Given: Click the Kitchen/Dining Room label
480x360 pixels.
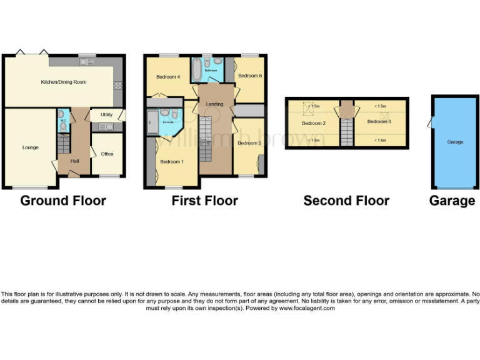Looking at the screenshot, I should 63,82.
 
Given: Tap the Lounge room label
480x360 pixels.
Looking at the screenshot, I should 31,147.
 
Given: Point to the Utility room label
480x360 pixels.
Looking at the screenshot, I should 106,115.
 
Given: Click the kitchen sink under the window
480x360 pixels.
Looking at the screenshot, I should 86,61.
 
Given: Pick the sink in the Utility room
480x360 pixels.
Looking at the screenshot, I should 106,127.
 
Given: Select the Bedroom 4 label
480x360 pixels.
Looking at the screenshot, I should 167,77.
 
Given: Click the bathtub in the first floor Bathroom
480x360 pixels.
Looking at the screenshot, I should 196,69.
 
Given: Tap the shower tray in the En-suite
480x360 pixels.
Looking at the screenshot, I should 152,122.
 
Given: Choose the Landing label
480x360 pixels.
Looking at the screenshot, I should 214,104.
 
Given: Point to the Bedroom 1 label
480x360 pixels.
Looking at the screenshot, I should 171,162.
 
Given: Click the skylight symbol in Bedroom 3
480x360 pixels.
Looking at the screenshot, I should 384,116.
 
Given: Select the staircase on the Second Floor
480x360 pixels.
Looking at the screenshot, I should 347,131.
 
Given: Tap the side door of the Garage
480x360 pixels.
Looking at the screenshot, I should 430,122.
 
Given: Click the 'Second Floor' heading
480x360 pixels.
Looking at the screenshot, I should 346,201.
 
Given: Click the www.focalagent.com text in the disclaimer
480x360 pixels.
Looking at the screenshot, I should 307,308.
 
